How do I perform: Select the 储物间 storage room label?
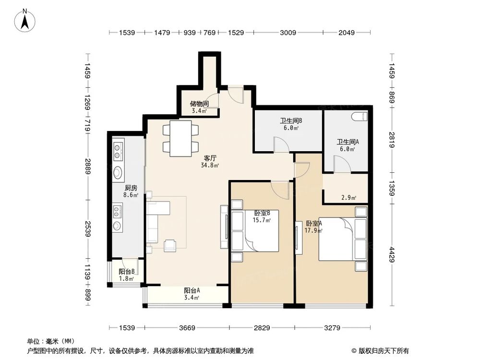199,104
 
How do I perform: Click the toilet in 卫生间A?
359,117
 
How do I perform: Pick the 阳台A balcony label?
192,290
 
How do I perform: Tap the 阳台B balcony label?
126,272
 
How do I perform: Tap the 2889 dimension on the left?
87,168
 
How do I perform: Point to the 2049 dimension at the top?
347,33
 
